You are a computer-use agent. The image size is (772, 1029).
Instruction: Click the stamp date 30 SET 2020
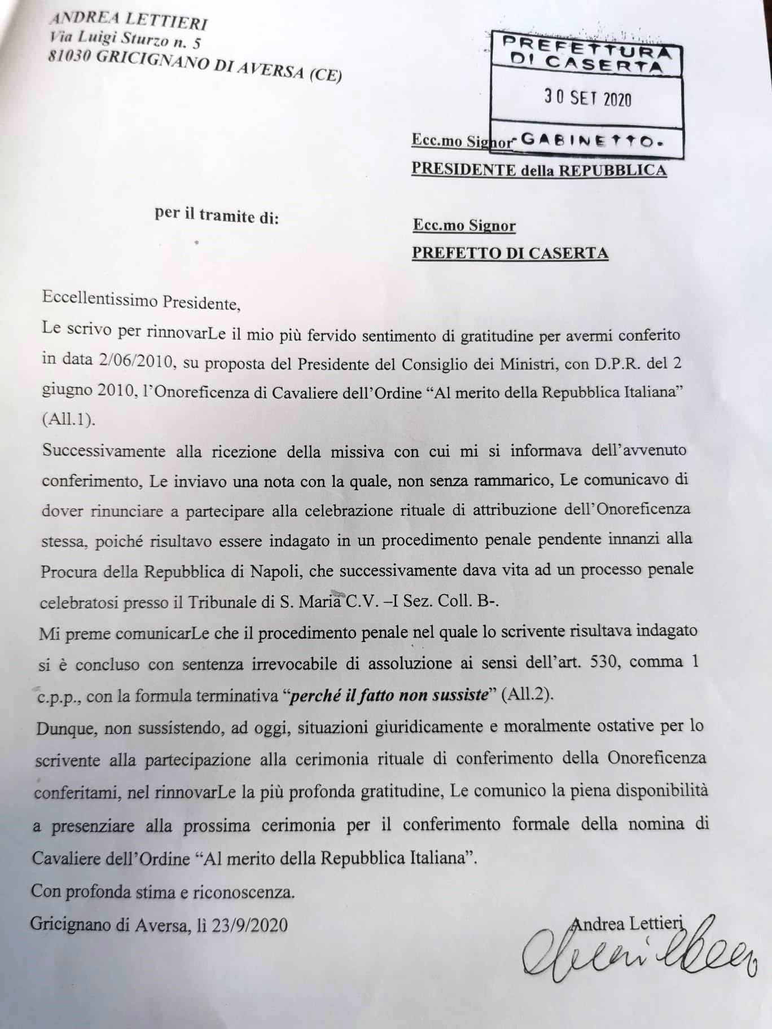[587, 99]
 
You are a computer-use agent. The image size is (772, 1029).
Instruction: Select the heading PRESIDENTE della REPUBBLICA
[539, 169]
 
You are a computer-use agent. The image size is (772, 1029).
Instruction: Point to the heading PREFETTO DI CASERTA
[510, 253]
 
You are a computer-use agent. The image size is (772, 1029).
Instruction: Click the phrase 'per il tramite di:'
[217, 216]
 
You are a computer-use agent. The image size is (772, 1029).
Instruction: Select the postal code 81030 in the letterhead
[70, 56]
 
